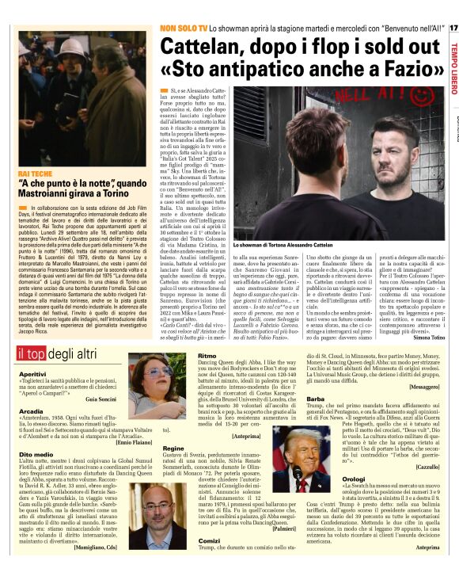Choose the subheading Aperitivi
pos(32,373)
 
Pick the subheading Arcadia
pos(31,411)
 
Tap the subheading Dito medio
pos(36,455)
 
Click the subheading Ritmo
pos(206,357)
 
